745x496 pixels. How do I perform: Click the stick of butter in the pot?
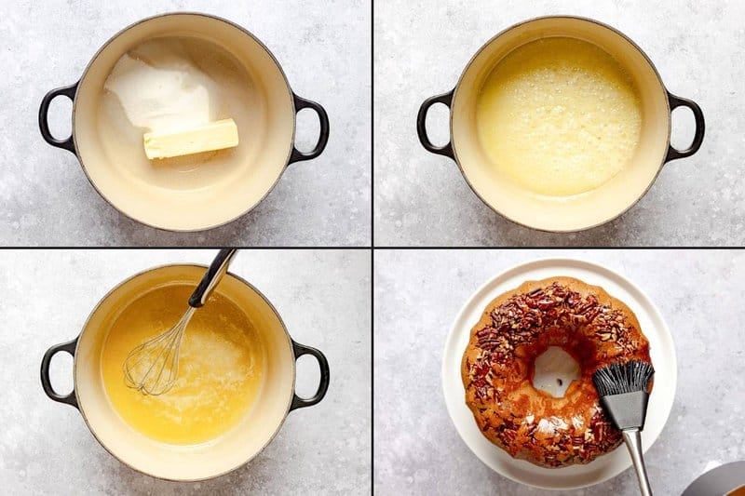click(x=191, y=139)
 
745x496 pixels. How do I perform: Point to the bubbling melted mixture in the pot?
click(x=559, y=116)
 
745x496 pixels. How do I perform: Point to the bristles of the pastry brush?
click(x=623, y=377)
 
